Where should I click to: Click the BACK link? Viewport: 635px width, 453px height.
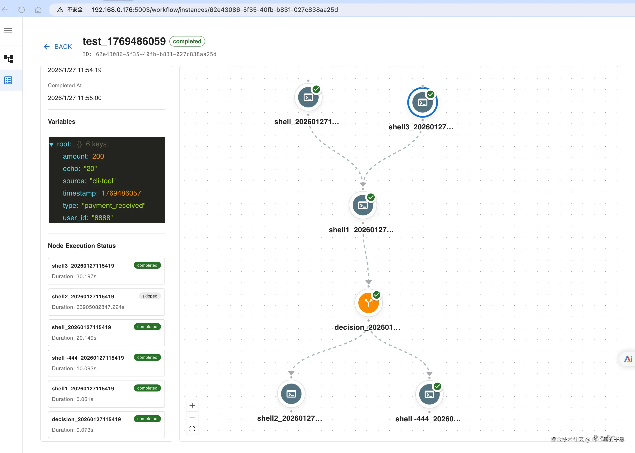tap(58, 47)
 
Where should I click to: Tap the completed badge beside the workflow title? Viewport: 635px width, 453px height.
tap(187, 41)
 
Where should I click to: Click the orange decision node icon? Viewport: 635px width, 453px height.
tap(368, 303)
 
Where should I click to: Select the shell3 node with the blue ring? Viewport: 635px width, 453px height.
tap(422, 103)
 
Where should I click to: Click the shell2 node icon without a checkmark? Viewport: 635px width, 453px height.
tap(291, 394)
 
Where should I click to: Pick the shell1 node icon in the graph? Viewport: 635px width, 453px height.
tap(363, 206)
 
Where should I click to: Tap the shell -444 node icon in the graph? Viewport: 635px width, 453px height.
tap(429, 394)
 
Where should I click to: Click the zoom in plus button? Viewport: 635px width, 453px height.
tap(192, 406)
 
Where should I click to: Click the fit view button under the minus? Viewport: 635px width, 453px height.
tap(192, 429)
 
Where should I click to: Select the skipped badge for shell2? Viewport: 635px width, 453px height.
tap(150, 296)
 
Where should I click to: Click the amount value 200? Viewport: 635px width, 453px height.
tap(98, 156)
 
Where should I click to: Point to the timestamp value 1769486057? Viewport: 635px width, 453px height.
tap(121, 193)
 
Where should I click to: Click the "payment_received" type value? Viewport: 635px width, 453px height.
tap(114, 205)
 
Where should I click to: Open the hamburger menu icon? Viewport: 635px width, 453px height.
tap(8, 31)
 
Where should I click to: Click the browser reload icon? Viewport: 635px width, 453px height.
tap(22, 10)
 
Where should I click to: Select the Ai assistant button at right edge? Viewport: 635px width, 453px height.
tap(628, 359)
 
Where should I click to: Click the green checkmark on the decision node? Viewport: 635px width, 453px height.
tap(376, 295)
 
